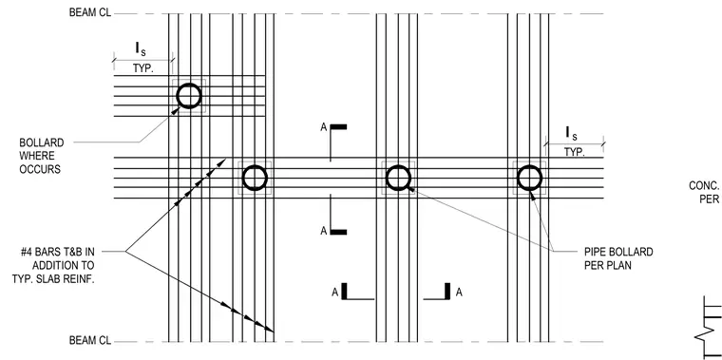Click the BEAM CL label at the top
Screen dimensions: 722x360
[90, 12]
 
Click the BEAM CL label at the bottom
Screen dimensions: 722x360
[90, 341]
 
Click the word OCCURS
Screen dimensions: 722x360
[40, 169]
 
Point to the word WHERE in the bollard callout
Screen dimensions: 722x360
[37, 156]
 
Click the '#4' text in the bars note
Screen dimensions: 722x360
[27, 252]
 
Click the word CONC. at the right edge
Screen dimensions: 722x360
[704, 185]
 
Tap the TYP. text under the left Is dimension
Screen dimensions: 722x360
[143, 68]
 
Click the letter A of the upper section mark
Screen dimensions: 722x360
[324, 127]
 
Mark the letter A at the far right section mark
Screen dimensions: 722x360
[459, 292]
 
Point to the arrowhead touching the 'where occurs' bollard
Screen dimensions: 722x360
[176, 110]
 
